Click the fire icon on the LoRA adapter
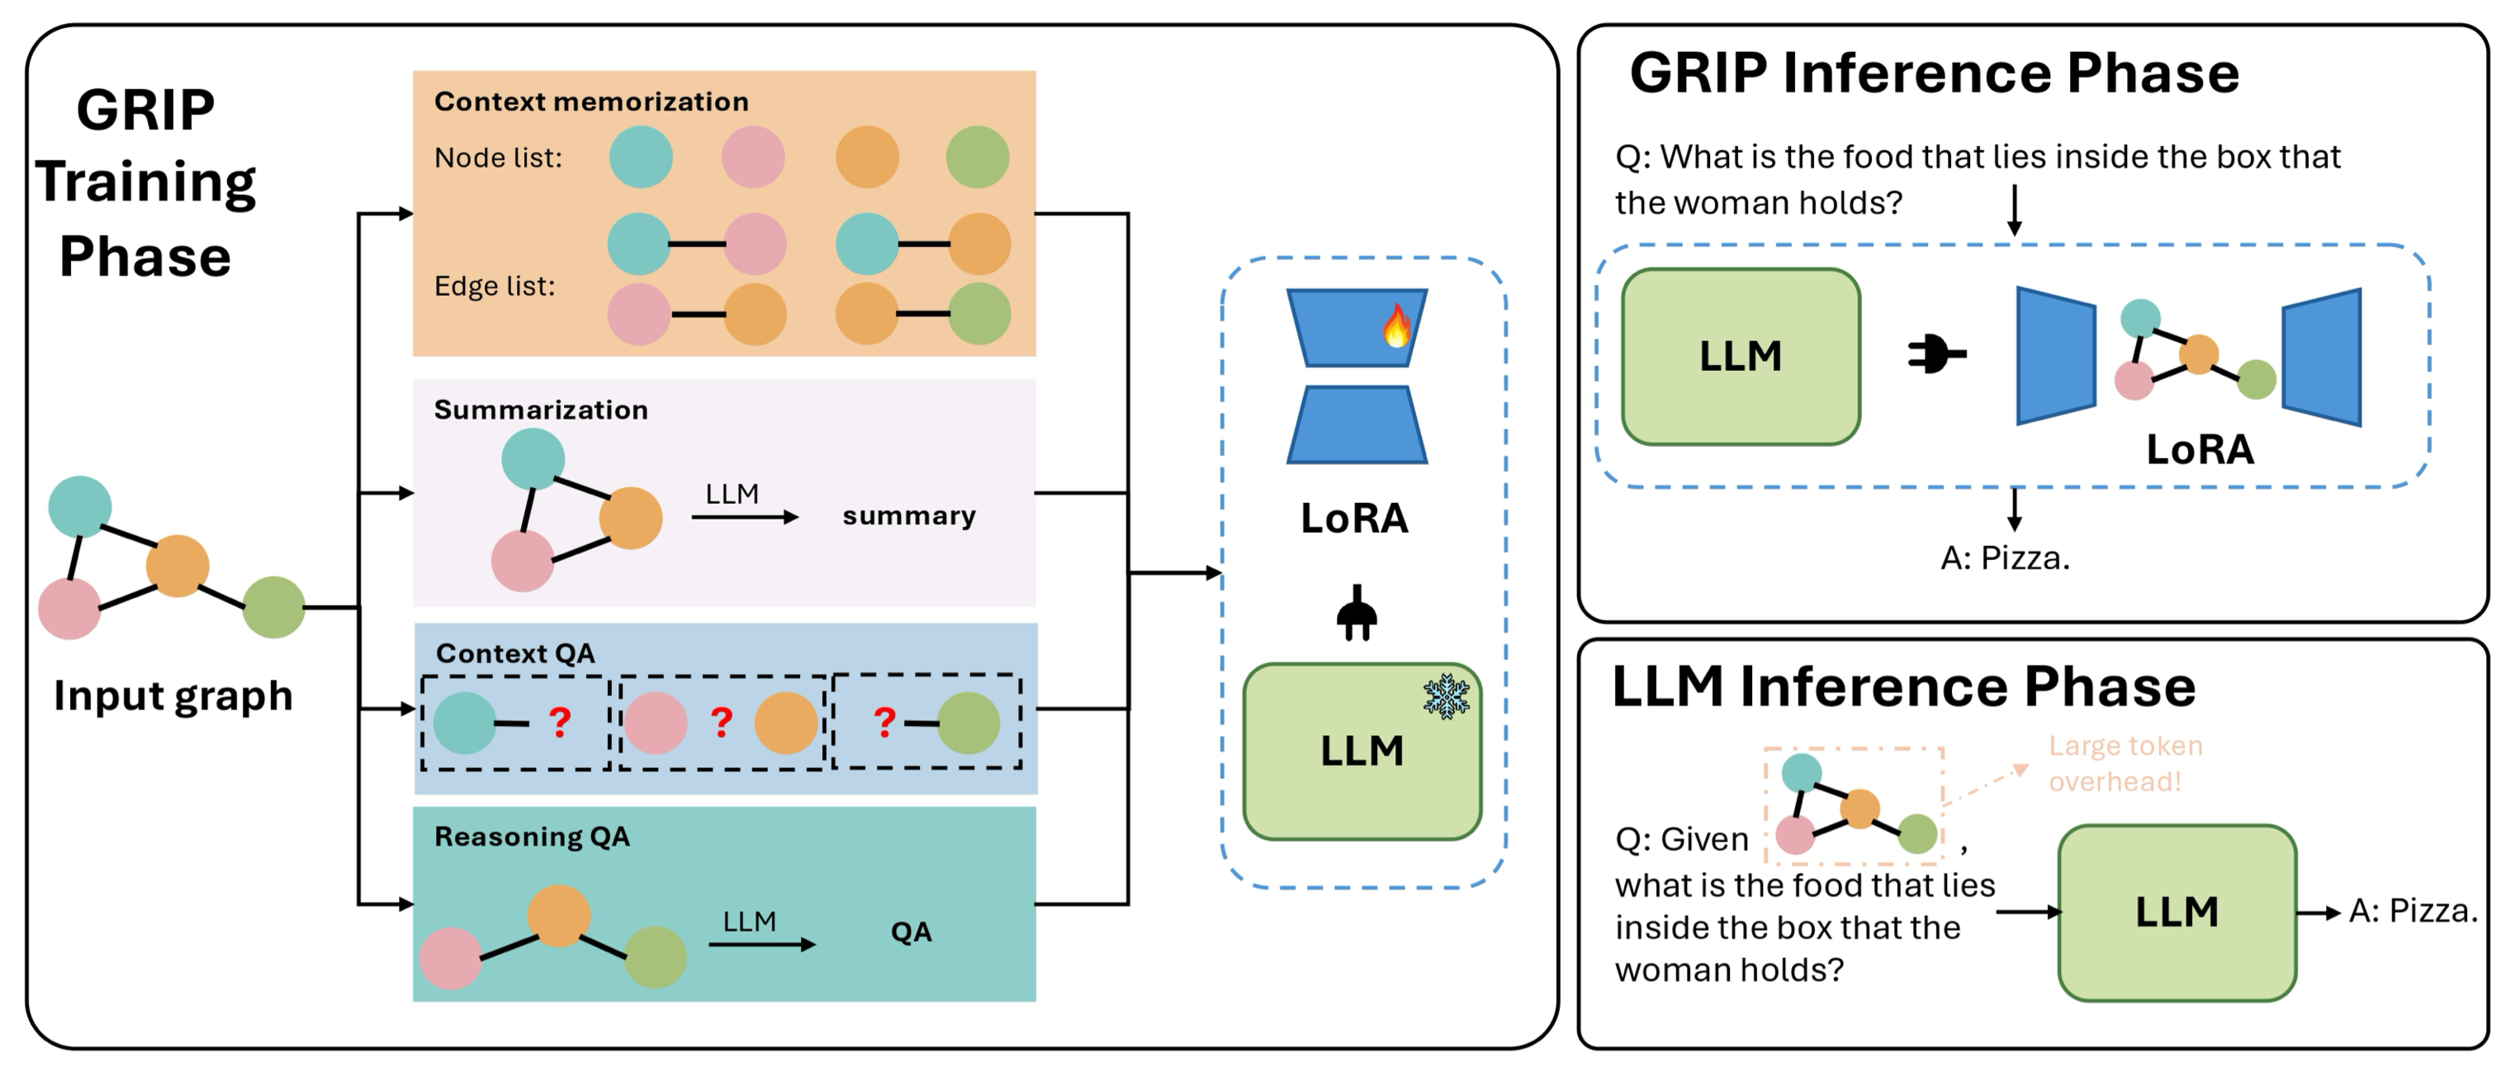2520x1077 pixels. pos(1396,325)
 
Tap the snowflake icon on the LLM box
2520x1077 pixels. pos(1446,696)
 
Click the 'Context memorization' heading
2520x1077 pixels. pos(591,102)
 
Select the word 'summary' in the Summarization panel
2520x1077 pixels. pos(909,515)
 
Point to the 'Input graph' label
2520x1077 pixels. pos(173,695)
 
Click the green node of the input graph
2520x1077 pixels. pos(274,606)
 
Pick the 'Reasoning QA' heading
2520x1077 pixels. pos(533,837)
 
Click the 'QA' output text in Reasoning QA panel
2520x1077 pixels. pos(911,932)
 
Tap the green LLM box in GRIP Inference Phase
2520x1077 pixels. pos(1741,356)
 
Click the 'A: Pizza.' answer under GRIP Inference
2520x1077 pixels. pos(2005,557)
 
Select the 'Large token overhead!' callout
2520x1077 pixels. pos(2124,763)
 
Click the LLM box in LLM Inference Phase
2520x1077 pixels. pos(2177,912)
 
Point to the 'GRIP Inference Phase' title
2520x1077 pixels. pos(1934,74)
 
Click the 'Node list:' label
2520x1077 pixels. pos(498,158)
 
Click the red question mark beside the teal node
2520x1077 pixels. pos(560,722)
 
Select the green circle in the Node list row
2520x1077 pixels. pos(978,157)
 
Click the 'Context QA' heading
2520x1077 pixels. pos(514,653)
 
